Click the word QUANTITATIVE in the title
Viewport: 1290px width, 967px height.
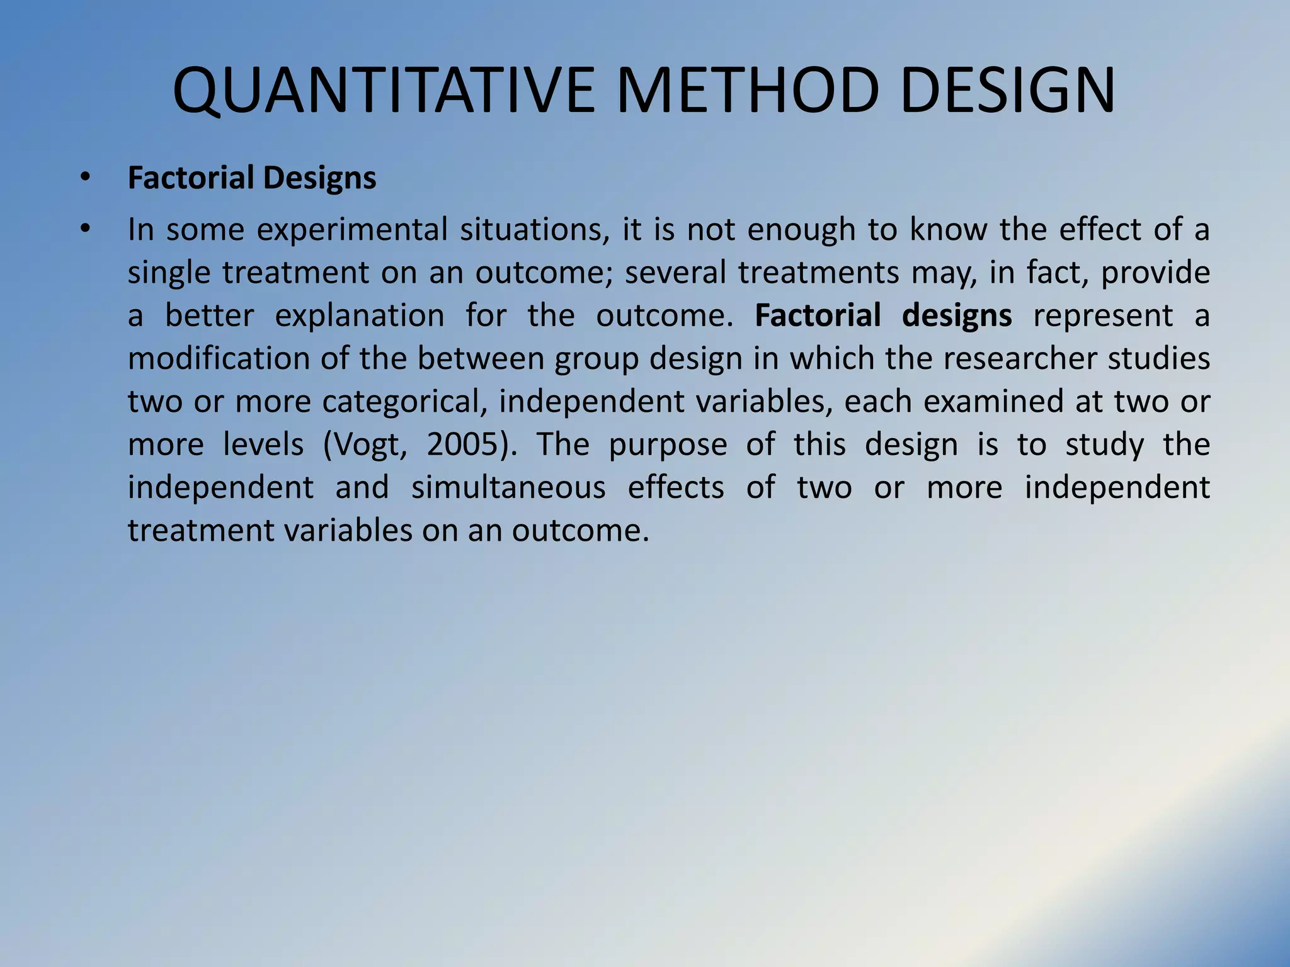click(x=384, y=91)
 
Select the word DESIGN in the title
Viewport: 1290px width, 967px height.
click(x=1008, y=91)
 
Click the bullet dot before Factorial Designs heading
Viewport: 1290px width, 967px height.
click(x=85, y=178)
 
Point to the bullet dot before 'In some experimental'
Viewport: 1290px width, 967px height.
click(x=85, y=230)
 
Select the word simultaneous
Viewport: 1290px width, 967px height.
click(x=508, y=488)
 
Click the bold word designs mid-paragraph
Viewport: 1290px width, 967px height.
click(x=957, y=316)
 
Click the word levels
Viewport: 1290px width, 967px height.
click(x=263, y=444)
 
